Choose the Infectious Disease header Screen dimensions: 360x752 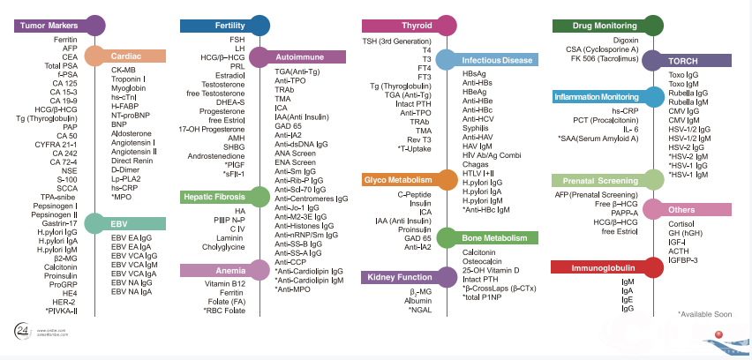coord(499,60)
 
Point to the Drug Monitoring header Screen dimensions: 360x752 coord(593,26)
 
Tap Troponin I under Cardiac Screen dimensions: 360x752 coord(129,79)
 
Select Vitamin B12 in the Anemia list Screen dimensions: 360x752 coord(225,283)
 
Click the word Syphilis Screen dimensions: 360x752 coord(475,129)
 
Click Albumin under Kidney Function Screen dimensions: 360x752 coord(417,301)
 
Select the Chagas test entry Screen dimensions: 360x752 coord(475,165)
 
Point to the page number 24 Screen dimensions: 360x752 coord(24,329)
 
